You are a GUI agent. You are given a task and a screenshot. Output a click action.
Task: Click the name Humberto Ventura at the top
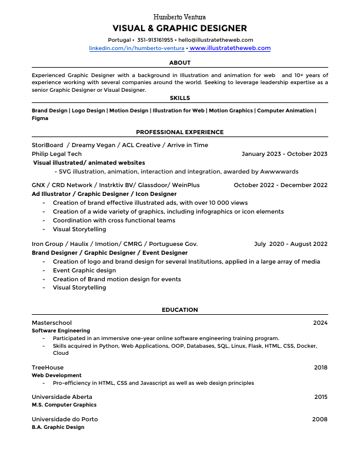[x=179, y=17]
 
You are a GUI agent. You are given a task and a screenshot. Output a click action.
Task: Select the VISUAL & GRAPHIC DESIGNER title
[x=179, y=28]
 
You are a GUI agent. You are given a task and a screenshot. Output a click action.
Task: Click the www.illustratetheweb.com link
[x=230, y=48]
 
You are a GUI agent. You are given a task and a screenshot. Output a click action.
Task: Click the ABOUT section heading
[x=179, y=62]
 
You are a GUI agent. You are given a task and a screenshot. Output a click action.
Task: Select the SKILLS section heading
[x=179, y=98]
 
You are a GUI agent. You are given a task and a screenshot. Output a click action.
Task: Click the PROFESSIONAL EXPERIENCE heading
[x=179, y=132]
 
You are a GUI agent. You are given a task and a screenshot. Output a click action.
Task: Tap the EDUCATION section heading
[x=179, y=310]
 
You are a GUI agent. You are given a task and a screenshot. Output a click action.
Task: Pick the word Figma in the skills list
[x=40, y=118]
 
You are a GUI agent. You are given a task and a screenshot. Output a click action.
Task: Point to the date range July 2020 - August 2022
[x=291, y=244]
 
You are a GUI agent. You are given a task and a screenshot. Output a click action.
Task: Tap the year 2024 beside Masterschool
[x=320, y=323]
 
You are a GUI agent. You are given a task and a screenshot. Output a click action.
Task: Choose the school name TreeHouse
[x=48, y=368]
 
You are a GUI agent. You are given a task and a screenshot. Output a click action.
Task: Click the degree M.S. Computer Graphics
[x=64, y=405]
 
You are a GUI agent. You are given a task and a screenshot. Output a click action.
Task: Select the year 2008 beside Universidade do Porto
[x=320, y=419]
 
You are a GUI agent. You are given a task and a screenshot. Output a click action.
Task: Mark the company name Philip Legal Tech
[x=56, y=154]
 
